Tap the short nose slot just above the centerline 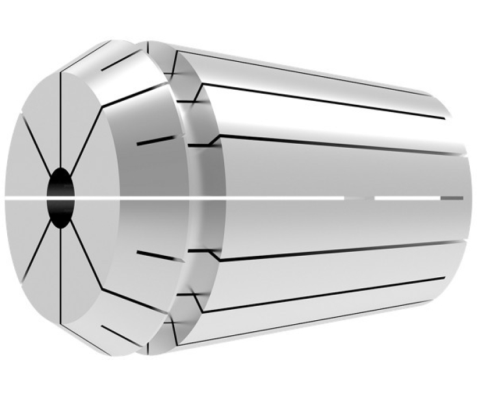tap(155, 139)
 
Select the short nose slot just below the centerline tap(157, 253)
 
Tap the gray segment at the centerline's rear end tap(451, 197)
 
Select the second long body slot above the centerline tap(325, 101)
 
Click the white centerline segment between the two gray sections tap(406, 197)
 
